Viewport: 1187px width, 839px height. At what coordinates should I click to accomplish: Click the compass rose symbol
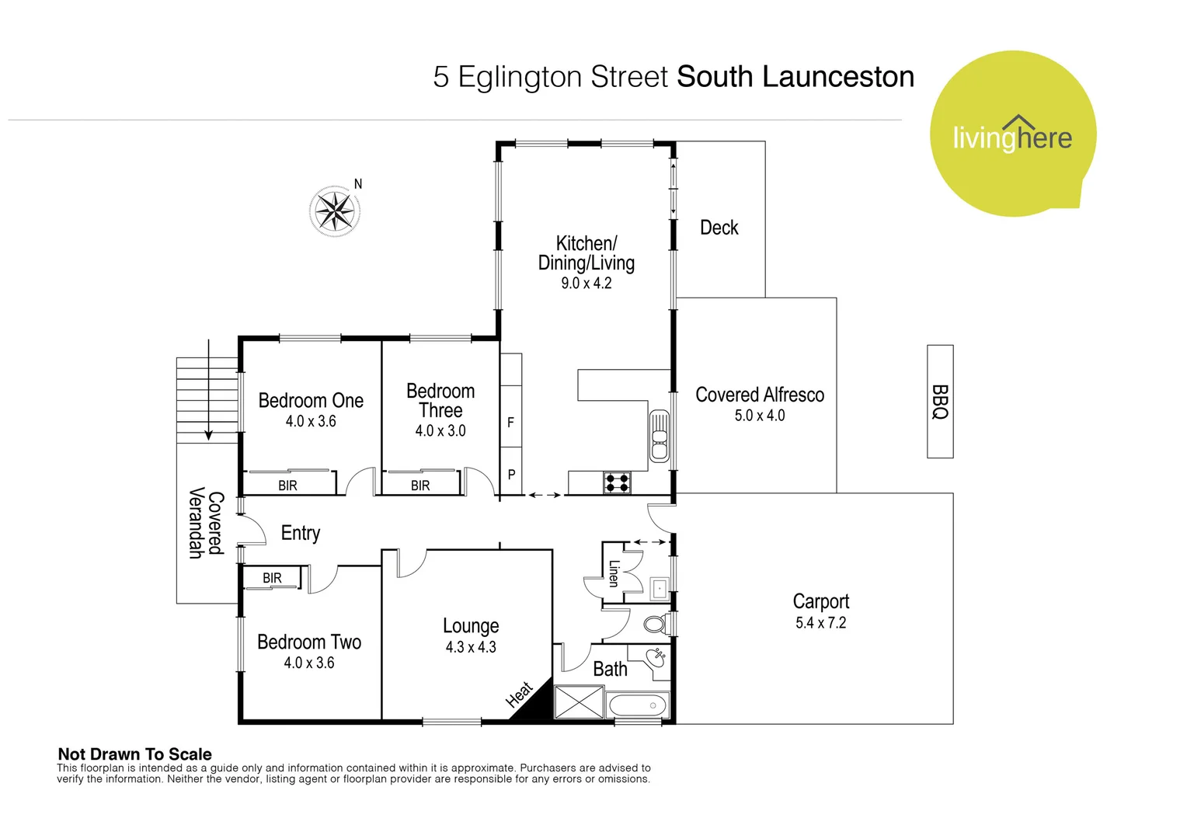click(x=335, y=211)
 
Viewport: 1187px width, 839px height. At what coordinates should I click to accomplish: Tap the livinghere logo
click(x=1012, y=134)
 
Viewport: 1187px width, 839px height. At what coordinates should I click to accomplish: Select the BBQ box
click(x=940, y=402)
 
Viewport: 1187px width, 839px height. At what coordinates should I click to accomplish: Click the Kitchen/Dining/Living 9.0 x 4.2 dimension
click(x=587, y=284)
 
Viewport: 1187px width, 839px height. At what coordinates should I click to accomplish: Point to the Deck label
click(x=719, y=228)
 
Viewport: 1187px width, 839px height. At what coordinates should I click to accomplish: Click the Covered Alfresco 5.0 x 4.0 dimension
click(x=760, y=416)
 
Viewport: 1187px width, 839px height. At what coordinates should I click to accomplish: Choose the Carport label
click(x=821, y=601)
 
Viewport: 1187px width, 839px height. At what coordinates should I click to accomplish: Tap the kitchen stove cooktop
click(x=618, y=483)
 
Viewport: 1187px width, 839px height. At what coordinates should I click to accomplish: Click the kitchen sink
click(x=660, y=436)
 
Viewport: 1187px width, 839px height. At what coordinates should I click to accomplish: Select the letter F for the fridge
click(x=510, y=423)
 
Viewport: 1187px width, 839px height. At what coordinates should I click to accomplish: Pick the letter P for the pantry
click(x=511, y=474)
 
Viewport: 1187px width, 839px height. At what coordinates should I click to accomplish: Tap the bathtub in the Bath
click(x=637, y=706)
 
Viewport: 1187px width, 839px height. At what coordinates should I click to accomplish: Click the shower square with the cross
click(x=579, y=702)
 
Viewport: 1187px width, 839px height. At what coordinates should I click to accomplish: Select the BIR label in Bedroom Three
click(x=420, y=486)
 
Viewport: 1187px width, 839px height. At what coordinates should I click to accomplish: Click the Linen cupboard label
click(x=614, y=573)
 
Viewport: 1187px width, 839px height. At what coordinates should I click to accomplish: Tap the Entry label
click(x=301, y=533)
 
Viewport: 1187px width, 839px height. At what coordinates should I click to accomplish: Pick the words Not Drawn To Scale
click(x=134, y=754)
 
